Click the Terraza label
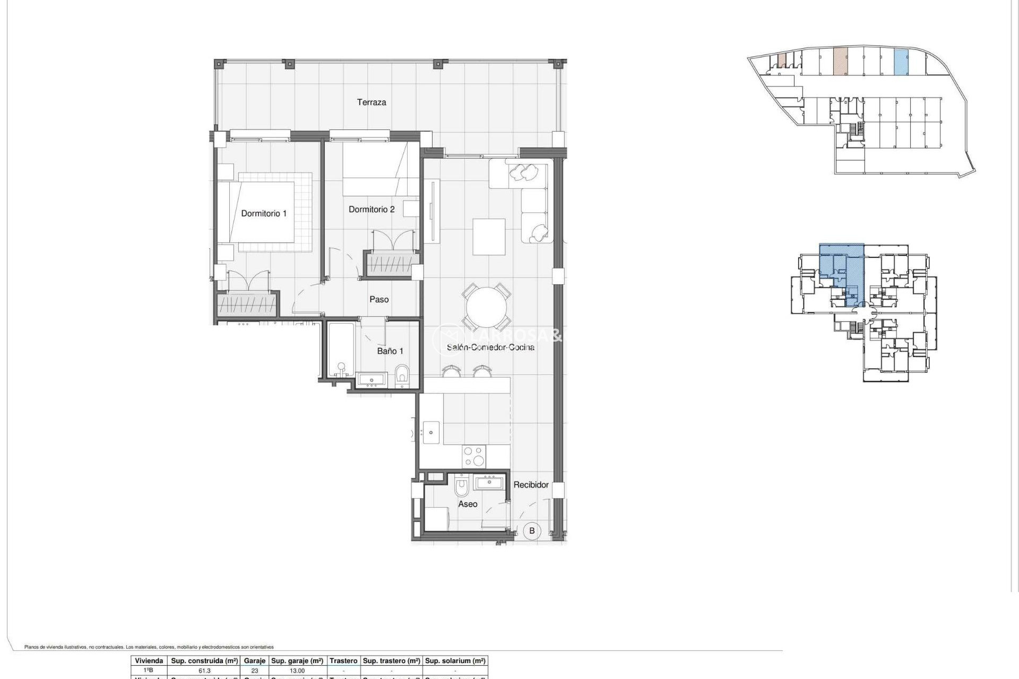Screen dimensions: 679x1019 (371, 102)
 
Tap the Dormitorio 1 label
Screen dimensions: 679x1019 (263, 213)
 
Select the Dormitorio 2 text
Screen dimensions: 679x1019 (372, 210)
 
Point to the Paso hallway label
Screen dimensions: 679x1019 (379, 300)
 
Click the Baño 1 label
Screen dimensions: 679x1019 (390, 351)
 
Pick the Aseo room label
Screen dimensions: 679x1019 (468, 504)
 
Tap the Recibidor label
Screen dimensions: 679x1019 (531, 485)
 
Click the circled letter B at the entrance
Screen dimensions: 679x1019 (532, 530)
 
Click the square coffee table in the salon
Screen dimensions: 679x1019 (489, 237)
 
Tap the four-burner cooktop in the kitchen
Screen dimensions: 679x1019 (474, 456)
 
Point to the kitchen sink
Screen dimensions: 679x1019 (430, 432)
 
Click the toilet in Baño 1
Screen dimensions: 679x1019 (402, 376)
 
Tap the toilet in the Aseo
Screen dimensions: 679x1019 (462, 486)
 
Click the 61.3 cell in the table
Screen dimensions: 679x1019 (204, 671)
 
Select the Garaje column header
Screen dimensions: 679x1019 (254, 661)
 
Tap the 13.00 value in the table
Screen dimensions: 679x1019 (297, 671)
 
